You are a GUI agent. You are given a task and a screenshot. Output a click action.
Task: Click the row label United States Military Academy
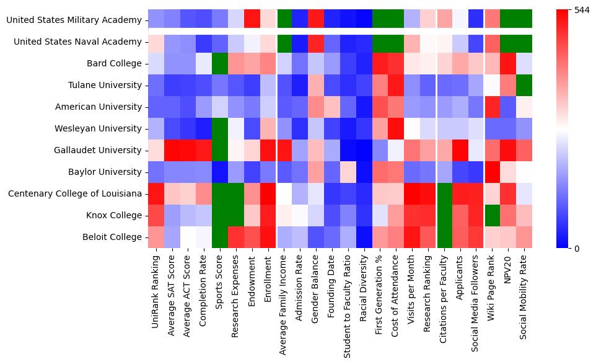pyautogui.click(x=74, y=20)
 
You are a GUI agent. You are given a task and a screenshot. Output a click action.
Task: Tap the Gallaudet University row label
pyautogui.click(x=99, y=151)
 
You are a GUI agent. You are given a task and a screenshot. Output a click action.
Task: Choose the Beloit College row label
pyautogui.click(x=114, y=237)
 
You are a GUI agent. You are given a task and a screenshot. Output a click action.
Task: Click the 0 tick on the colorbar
pyautogui.click(x=577, y=248)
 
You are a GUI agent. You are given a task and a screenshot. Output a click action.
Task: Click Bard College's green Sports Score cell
pyautogui.click(x=221, y=64)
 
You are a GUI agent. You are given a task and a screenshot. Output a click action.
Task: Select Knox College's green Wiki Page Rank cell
pyautogui.click(x=492, y=216)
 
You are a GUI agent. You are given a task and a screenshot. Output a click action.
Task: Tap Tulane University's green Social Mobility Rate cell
pyautogui.click(x=524, y=86)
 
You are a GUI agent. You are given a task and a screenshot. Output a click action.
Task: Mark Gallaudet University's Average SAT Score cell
pyautogui.click(x=172, y=151)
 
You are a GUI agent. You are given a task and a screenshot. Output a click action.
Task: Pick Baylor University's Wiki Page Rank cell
pyautogui.click(x=492, y=172)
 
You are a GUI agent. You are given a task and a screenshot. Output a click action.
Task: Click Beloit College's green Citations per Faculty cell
pyautogui.click(x=444, y=237)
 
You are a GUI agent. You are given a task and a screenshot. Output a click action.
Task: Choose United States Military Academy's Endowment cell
pyautogui.click(x=253, y=20)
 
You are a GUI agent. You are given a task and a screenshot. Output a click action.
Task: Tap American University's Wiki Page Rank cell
pyautogui.click(x=492, y=107)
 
